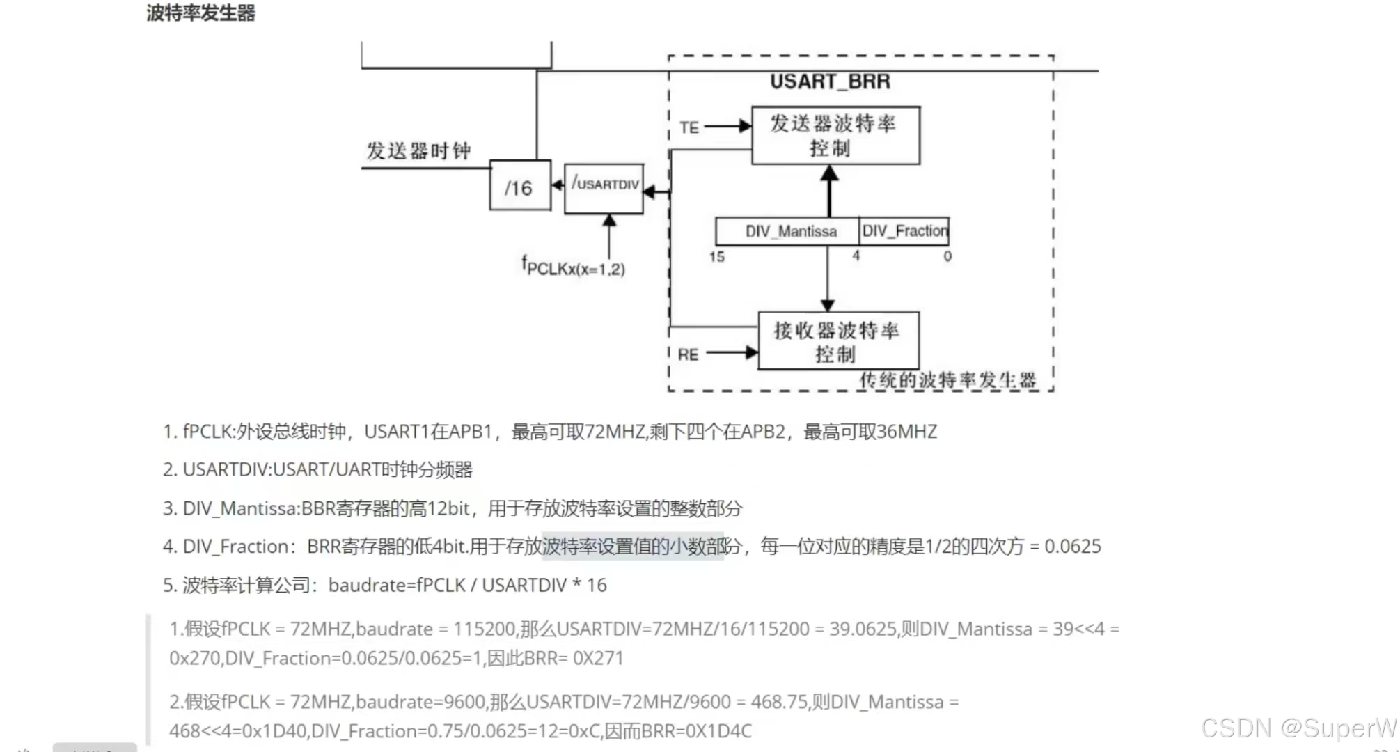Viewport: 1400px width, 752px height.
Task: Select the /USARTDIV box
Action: tap(604, 188)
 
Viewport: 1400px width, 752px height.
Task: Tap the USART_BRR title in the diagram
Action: tap(830, 81)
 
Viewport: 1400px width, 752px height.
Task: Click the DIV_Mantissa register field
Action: tap(791, 231)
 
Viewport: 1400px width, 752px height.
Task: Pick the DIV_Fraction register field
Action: tap(904, 230)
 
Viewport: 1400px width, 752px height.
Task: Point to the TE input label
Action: tap(689, 127)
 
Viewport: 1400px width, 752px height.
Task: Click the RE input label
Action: tap(688, 354)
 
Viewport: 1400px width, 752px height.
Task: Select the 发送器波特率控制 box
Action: tap(835, 135)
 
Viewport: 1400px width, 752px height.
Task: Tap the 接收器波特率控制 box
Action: tap(838, 341)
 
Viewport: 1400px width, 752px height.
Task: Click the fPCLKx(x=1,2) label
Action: tap(573, 266)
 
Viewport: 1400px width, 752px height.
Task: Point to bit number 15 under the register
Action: tap(716, 257)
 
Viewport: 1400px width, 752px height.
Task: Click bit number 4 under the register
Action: tap(856, 256)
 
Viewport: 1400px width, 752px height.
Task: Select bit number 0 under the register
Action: tap(947, 256)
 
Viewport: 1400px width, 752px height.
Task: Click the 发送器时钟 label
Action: tap(418, 151)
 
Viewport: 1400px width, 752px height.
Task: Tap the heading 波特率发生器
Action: tap(200, 13)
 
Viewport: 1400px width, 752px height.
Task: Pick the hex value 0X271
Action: tap(598, 659)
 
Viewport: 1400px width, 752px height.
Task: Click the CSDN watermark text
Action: tap(1298, 728)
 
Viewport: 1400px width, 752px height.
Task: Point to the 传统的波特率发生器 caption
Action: tap(947, 380)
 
